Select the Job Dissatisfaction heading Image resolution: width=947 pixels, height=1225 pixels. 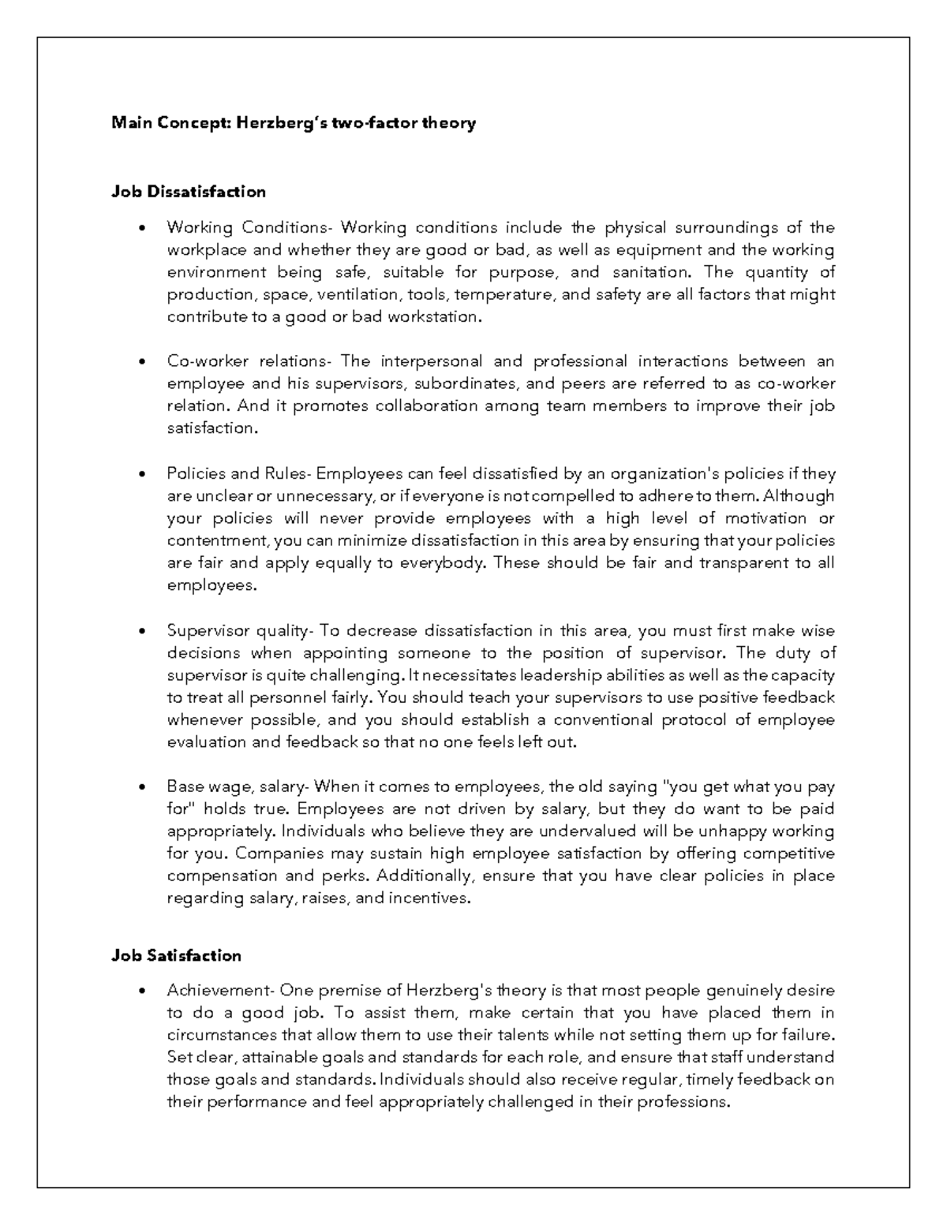188,192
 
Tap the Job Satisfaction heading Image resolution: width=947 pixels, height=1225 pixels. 176,955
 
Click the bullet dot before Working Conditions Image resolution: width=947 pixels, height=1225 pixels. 142,229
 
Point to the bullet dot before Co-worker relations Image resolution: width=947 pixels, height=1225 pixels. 142,362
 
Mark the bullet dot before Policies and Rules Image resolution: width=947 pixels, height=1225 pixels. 142,474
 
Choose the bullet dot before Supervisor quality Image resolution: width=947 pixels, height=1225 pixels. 142,631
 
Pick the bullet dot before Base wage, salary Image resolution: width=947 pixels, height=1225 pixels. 142,787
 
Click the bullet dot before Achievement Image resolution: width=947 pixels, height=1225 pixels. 142,991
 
